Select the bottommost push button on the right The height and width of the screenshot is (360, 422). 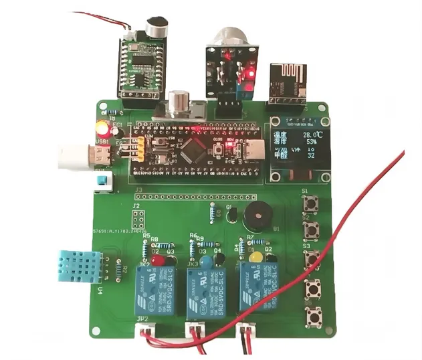(312, 317)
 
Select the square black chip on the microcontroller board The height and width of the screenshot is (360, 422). (196, 147)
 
